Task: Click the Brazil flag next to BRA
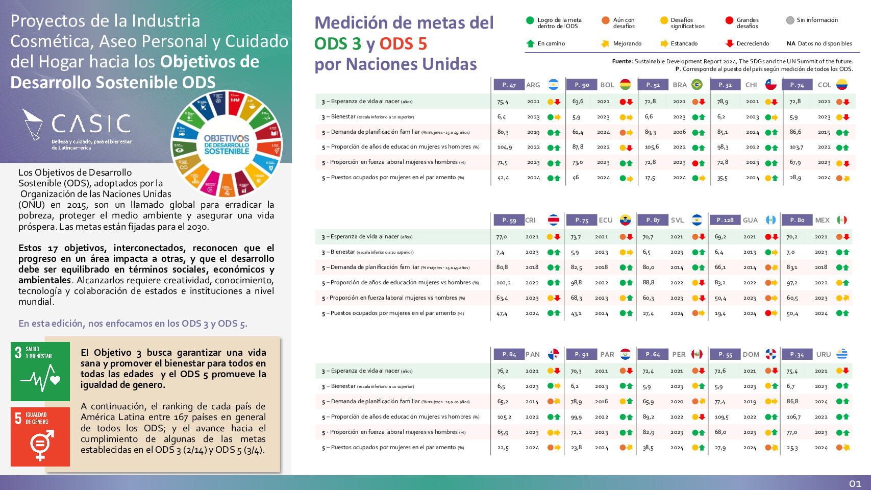point(697,85)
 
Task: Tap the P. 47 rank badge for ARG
point(509,85)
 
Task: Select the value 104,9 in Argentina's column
point(504,147)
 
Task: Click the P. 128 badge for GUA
point(725,220)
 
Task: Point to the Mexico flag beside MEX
point(842,220)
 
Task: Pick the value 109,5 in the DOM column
point(721,417)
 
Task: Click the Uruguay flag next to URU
point(842,354)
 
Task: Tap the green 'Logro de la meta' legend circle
point(530,20)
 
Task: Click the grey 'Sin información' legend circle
point(790,20)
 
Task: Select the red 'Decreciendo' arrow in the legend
point(730,43)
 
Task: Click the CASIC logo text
point(91,124)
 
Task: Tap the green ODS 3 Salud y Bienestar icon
point(40,372)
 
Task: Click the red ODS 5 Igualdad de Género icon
point(40,436)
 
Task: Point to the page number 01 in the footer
point(855,483)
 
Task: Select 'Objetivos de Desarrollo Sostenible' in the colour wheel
point(227,144)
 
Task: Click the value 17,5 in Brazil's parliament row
point(650,178)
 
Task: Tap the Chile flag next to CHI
point(770,85)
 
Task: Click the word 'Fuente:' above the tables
point(622,61)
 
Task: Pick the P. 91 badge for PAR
point(581,354)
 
